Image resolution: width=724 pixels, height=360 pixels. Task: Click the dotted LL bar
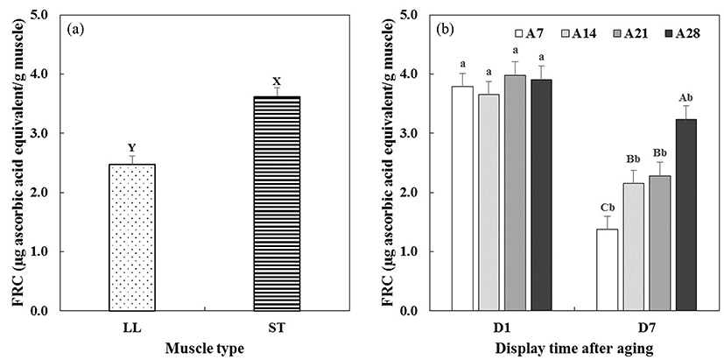(131, 236)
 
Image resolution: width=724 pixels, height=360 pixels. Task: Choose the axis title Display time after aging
(573, 348)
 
